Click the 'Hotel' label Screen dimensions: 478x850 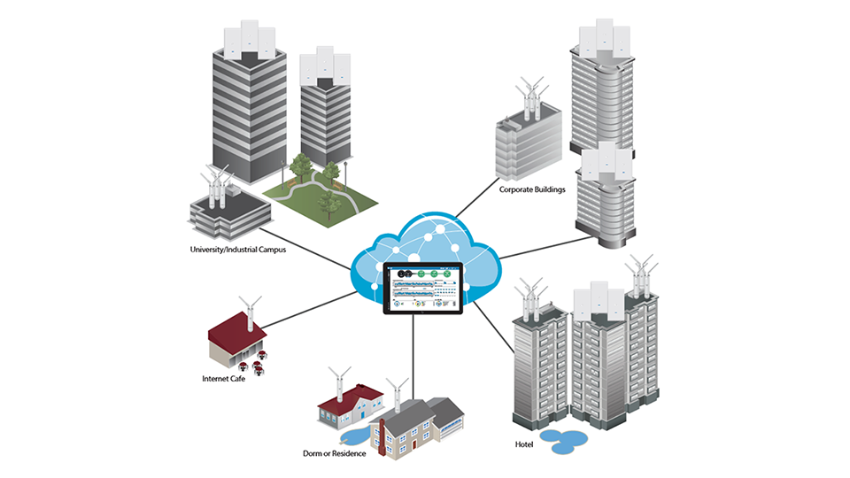[524, 443]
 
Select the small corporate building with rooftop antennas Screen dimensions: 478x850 [529, 142]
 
